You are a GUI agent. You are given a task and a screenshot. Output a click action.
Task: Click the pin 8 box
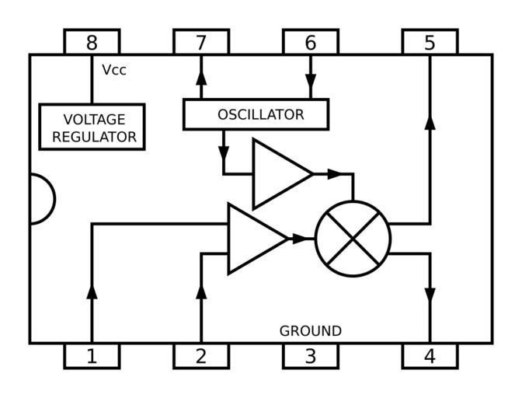[x=92, y=42]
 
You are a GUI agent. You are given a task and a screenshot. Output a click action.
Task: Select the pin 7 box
[x=201, y=42]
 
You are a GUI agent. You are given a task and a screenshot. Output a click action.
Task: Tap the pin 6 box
[x=310, y=42]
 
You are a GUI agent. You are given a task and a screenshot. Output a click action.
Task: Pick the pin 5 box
[x=430, y=42]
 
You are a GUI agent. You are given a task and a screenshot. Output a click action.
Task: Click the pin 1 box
[x=92, y=356]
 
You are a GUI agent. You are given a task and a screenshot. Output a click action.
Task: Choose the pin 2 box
[x=201, y=356]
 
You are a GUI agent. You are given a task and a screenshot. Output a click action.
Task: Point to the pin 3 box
[x=310, y=356]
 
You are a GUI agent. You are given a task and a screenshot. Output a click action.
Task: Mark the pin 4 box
[x=430, y=356]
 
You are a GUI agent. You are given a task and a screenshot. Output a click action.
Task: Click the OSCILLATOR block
[x=256, y=114]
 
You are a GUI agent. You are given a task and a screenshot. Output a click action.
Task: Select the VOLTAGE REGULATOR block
[x=92, y=127]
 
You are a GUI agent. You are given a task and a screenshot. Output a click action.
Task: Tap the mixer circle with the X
[x=353, y=239]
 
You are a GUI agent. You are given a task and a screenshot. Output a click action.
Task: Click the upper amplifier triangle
[x=279, y=174]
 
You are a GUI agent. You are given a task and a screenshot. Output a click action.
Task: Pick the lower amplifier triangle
[x=254, y=239]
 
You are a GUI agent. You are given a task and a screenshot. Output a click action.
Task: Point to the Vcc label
[x=114, y=70]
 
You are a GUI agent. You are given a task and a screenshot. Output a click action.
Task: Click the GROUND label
[x=310, y=331]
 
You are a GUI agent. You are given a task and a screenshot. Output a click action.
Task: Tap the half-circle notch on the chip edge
[x=42, y=199]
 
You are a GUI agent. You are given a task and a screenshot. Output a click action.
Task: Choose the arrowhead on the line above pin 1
[x=92, y=291]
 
